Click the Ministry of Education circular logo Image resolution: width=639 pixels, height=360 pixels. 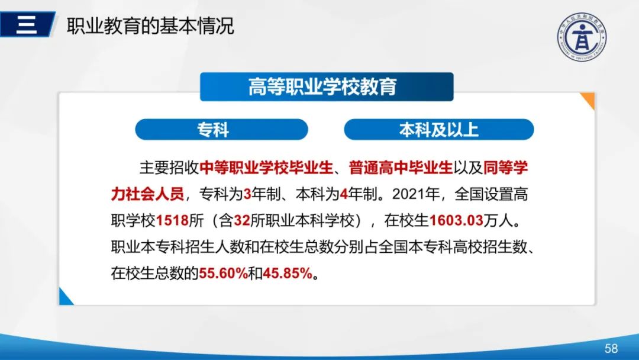point(582,37)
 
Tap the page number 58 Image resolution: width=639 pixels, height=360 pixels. point(611,348)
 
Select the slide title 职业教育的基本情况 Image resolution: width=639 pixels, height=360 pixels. point(150,26)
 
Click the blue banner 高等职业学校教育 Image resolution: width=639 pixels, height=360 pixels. point(326,86)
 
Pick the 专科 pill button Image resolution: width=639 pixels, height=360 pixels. point(221,130)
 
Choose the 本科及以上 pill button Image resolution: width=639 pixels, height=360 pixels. point(438,130)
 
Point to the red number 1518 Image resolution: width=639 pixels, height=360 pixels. point(171,221)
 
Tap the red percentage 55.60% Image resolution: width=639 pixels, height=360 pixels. point(222,274)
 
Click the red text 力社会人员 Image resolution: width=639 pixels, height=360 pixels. point(147,194)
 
